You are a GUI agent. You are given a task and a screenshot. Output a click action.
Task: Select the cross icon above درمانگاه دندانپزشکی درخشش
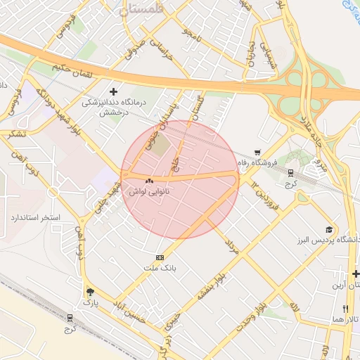coord(114,91)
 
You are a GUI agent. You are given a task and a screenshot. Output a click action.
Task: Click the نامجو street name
coord(191,32)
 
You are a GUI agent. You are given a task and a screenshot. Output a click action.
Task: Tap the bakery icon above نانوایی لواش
coord(148,181)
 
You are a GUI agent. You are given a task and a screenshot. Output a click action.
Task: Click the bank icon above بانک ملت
coord(160,257)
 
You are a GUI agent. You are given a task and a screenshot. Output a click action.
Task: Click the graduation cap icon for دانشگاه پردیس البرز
coord(328,230)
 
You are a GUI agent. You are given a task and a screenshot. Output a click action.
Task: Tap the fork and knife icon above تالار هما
coord(345,309)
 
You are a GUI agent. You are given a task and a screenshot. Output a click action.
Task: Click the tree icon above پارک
coord(89,292)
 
